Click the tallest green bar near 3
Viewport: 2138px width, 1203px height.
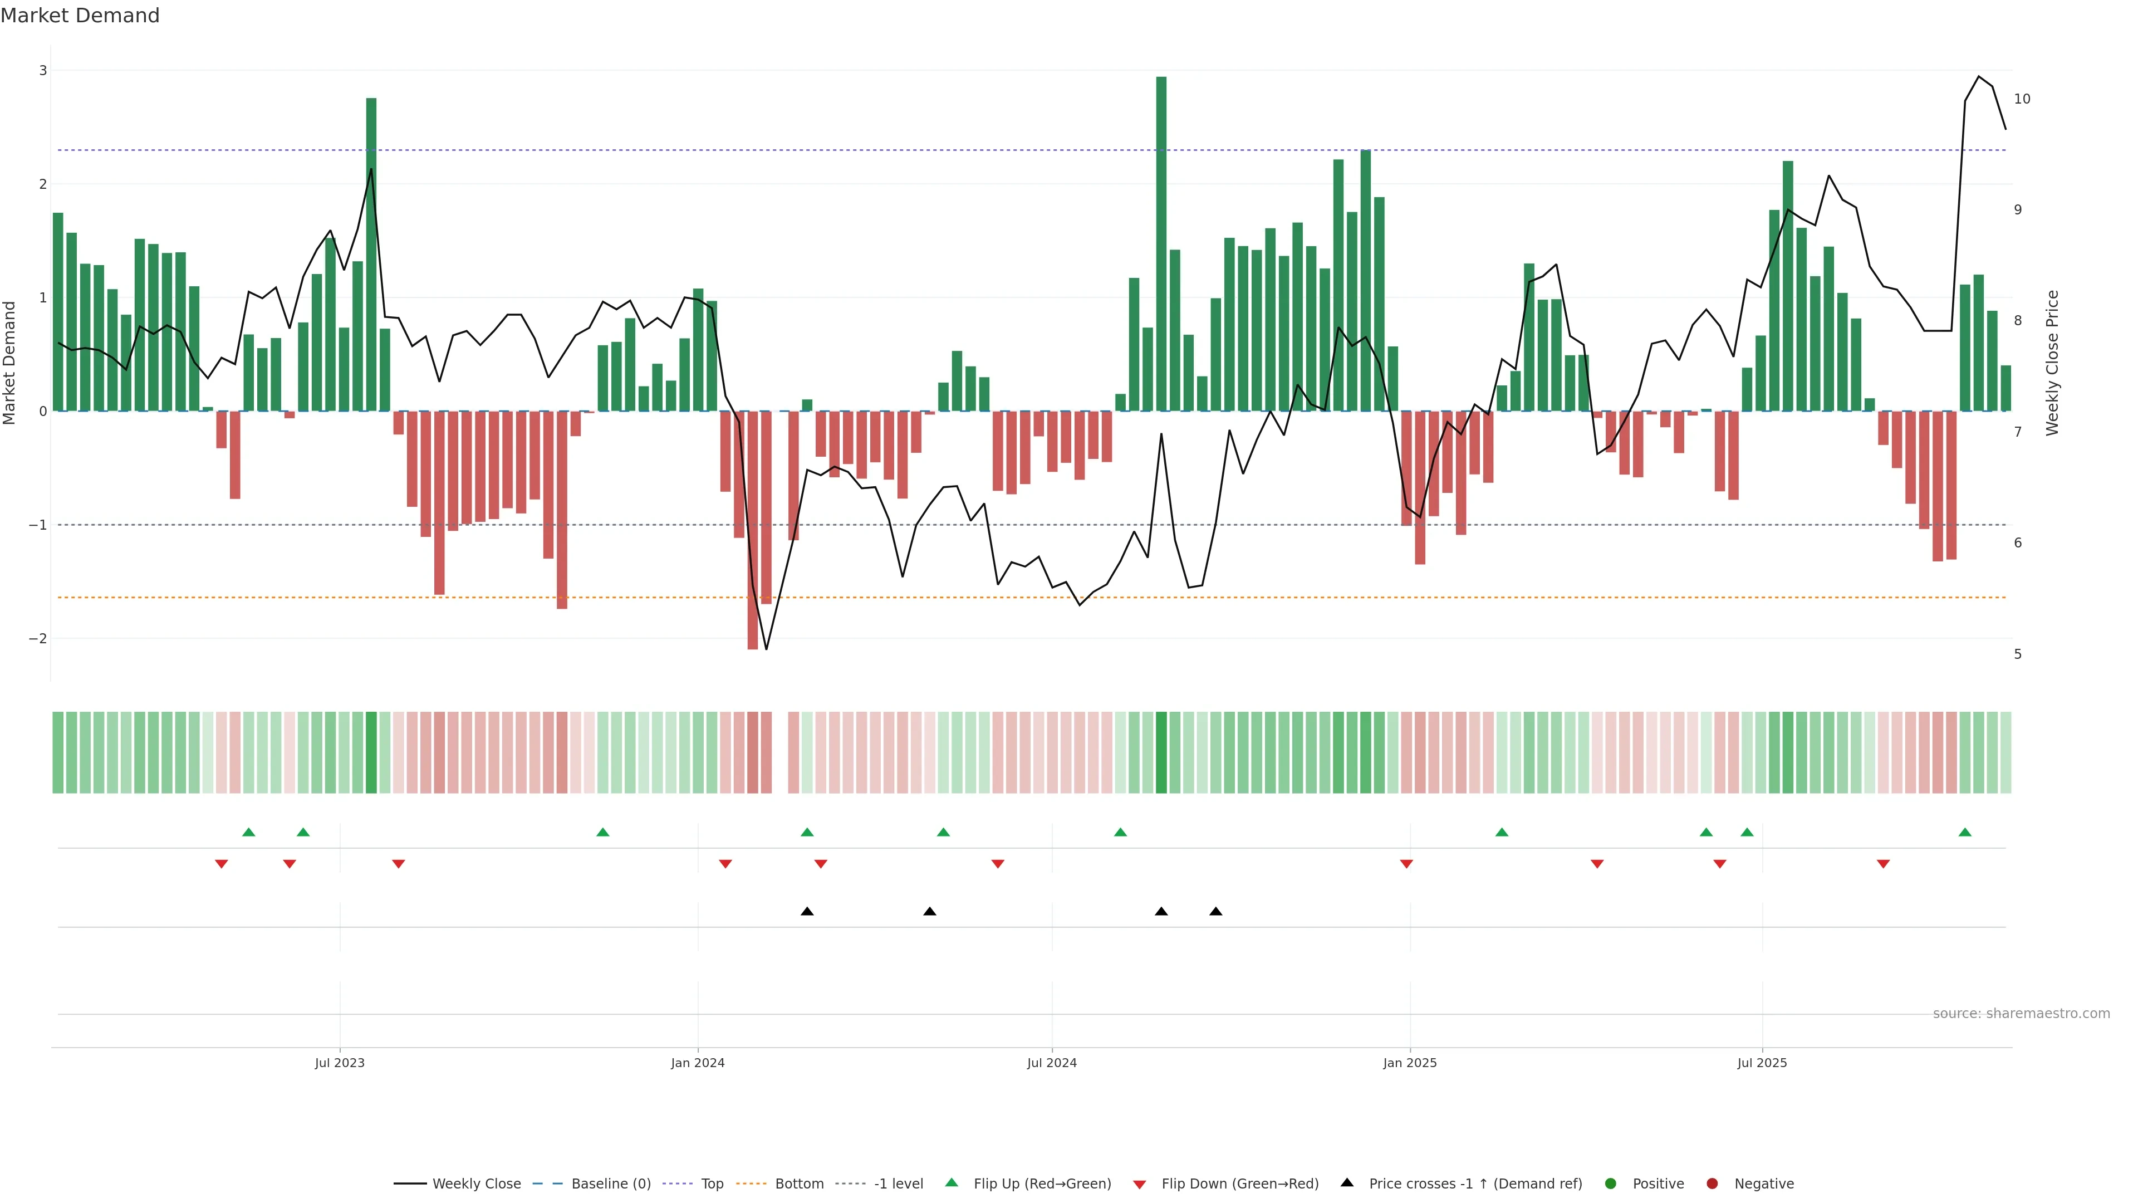(x=1160, y=243)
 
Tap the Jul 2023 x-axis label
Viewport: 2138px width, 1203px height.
(x=340, y=1063)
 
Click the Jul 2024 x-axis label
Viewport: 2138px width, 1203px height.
(x=1052, y=1063)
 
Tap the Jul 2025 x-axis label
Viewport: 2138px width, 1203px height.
(x=1762, y=1063)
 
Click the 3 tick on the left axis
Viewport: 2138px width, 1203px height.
(x=43, y=71)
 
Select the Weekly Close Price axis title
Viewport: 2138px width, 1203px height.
(x=2052, y=363)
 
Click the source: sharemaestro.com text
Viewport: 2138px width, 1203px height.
(x=2021, y=1014)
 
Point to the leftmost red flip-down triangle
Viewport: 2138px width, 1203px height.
(x=221, y=864)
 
